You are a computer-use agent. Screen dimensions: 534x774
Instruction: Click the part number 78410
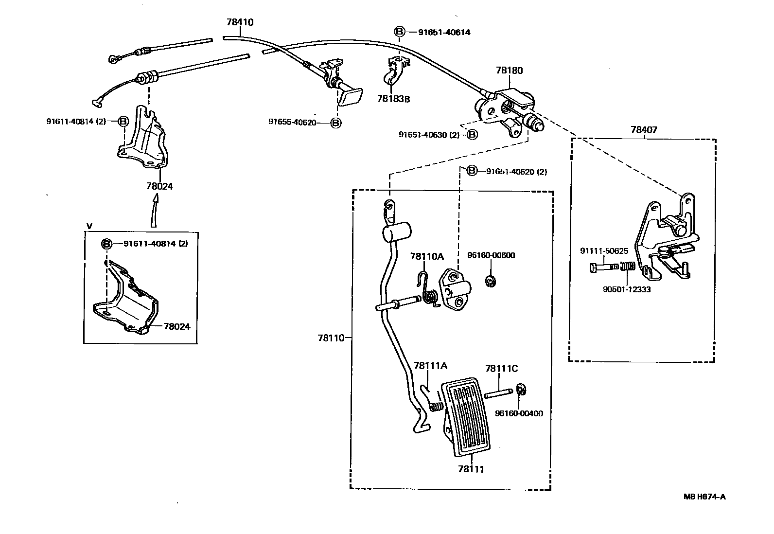click(x=240, y=22)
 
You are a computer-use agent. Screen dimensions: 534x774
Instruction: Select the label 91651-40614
click(x=444, y=33)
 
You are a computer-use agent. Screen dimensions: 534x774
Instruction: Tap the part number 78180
click(x=509, y=71)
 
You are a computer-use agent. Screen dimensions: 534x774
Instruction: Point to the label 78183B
click(x=393, y=99)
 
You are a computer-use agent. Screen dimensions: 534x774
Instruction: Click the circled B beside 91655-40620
click(x=335, y=123)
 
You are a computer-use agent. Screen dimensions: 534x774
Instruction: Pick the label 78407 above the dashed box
click(x=644, y=130)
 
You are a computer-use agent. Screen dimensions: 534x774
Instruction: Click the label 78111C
click(x=501, y=369)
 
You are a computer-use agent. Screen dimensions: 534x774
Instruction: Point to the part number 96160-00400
click(x=519, y=414)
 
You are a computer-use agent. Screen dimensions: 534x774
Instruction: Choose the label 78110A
click(x=426, y=256)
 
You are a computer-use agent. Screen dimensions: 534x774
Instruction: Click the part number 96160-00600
click(x=491, y=255)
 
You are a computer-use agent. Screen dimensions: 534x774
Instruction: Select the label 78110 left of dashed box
click(x=331, y=338)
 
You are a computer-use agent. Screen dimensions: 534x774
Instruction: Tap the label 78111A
click(x=430, y=366)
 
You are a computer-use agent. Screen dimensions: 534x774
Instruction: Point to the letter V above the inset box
click(x=88, y=226)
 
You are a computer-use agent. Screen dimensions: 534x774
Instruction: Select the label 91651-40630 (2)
click(x=429, y=135)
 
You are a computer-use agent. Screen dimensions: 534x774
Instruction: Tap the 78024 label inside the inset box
click(x=176, y=327)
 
